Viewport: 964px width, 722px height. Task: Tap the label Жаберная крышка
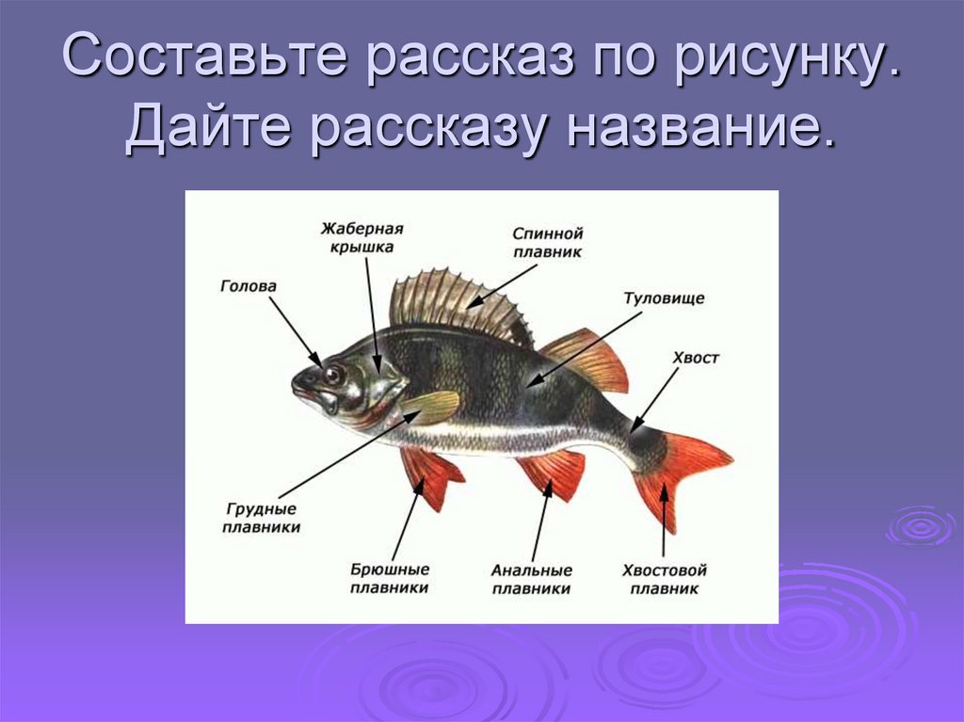click(361, 237)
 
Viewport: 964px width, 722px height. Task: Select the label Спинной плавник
click(548, 242)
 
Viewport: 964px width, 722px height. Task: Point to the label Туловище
click(664, 298)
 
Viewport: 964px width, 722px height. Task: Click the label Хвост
click(696, 358)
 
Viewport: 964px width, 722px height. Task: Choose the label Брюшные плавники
click(390, 579)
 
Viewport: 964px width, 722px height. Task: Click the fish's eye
click(332, 375)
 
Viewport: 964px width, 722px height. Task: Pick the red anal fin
click(555, 471)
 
